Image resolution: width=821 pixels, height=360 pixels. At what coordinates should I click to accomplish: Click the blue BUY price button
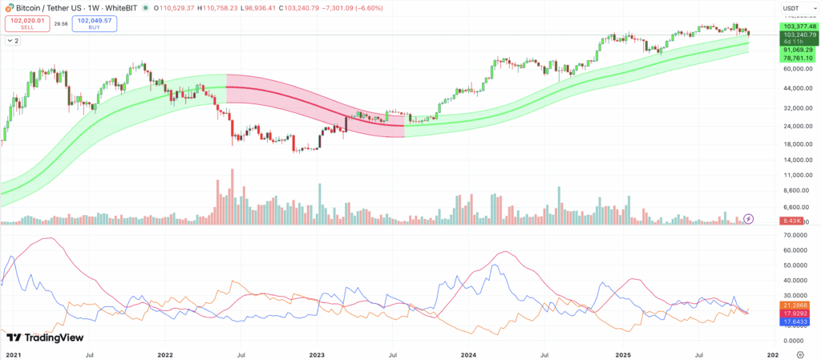94,24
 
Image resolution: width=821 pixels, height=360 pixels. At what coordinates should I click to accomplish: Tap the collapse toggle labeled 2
14,40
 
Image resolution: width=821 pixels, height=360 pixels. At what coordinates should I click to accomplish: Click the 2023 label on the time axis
317,354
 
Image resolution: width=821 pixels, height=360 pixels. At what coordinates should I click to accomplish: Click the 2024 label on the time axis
468,354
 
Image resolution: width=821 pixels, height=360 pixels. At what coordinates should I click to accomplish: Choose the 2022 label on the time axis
165,354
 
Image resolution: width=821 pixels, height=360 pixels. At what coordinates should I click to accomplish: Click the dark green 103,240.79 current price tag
799,34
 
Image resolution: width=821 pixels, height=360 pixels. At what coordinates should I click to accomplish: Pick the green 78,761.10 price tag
799,58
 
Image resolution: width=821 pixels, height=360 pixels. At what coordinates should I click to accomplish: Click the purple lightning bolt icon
749,218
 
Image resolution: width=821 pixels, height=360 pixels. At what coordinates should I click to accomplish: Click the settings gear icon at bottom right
799,354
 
